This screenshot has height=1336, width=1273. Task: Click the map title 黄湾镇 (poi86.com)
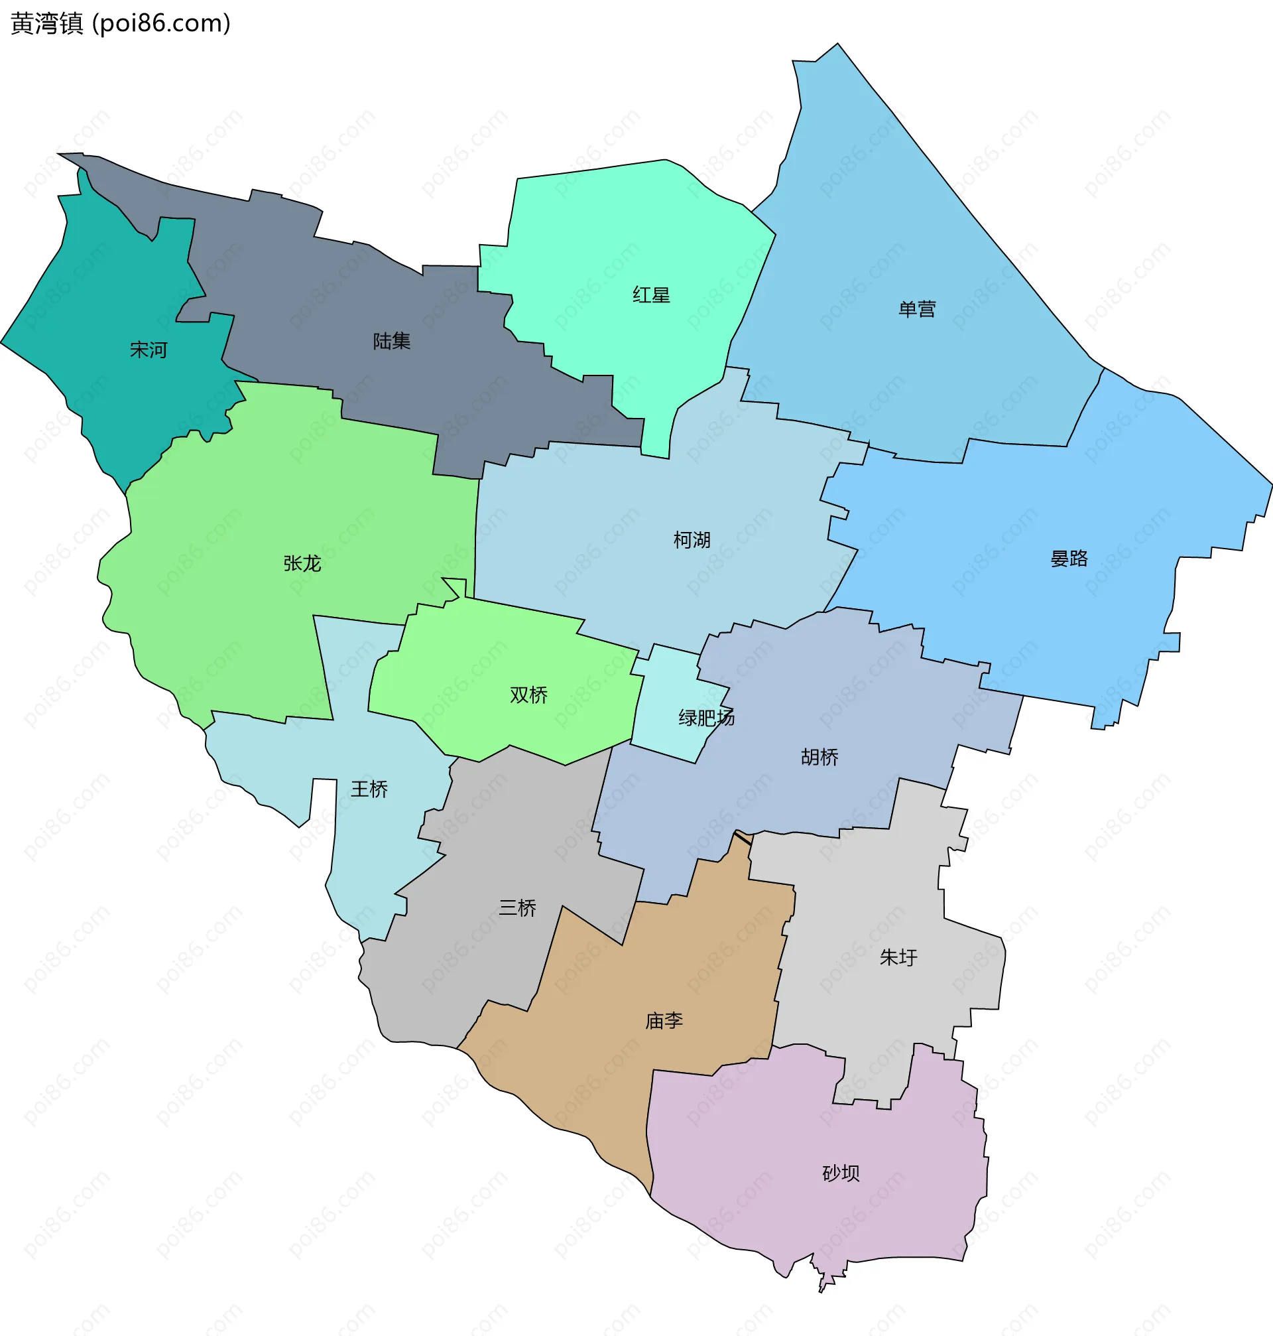pyautogui.click(x=121, y=24)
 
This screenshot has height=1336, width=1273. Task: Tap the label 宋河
pyautogui.click(x=149, y=350)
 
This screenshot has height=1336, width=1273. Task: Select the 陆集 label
pyautogui.click(x=392, y=342)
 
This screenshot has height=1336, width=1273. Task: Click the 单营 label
pyautogui.click(x=917, y=310)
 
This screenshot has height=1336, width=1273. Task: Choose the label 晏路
pyautogui.click(x=1069, y=559)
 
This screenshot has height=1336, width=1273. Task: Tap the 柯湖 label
pyautogui.click(x=692, y=541)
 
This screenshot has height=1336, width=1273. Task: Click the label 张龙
pyautogui.click(x=302, y=563)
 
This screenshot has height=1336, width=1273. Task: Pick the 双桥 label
pyautogui.click(x=528, y=695)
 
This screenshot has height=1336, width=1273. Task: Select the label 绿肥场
pyautogui.click(x=706, y=718)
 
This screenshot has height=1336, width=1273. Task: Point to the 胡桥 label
pyautogui.click(x=819, y=757)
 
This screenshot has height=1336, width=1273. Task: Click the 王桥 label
pyautogui.click(x=369, y=789)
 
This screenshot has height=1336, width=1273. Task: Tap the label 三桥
pyautogui.click(x=517, y=908)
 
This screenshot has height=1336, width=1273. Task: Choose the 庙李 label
pyautogui.click(x=664, y=1021)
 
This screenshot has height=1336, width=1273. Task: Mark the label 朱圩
pyautogui.click(x=898, y=958)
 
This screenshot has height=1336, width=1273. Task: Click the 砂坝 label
pyautogui.click(x=841, y=1173)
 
